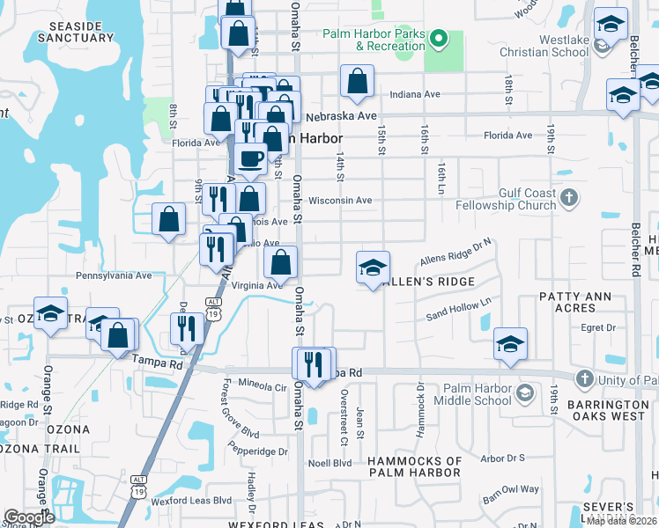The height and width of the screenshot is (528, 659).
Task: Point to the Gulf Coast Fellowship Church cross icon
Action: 569,197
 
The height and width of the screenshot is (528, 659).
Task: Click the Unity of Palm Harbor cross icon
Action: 583,379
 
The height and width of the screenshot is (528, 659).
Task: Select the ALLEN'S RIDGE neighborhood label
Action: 433,282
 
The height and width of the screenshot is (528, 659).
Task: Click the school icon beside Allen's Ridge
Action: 373,268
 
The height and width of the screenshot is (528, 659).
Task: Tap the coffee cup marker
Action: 251,159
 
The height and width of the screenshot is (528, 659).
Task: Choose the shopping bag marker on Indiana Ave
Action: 357,82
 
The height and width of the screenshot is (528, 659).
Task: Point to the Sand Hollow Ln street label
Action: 458,310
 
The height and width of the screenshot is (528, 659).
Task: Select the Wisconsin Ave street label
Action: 340,201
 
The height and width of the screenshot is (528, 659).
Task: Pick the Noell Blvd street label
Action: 329,463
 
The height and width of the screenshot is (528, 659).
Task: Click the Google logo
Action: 29,517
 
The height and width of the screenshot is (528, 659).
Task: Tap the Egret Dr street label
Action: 597,327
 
